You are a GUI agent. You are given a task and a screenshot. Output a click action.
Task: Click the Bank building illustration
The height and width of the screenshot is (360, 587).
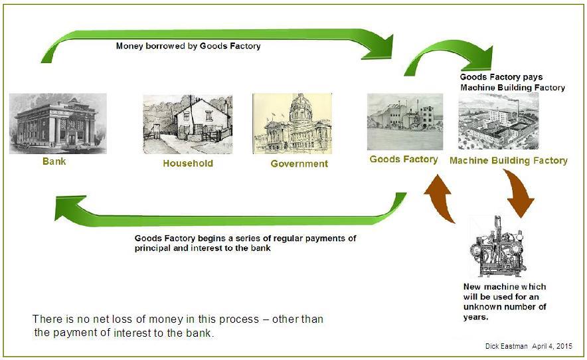point(58,124)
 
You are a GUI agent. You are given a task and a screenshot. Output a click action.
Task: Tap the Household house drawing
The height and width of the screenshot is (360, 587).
point(187,124)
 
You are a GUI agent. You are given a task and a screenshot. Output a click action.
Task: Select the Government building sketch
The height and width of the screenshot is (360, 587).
point(292,124)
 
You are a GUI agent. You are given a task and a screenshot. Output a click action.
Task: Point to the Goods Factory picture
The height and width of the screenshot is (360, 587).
point(405,122)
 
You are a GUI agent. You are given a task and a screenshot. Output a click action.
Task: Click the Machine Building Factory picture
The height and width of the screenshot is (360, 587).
point(498,122)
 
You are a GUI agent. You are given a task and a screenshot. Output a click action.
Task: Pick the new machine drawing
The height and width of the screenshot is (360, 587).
point(498,246)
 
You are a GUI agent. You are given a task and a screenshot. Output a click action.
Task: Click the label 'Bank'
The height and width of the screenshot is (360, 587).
point(54,161)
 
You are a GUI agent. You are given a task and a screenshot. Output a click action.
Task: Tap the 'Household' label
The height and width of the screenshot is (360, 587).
point(188,163)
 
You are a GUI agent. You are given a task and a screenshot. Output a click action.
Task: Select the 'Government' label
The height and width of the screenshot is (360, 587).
point(299,163)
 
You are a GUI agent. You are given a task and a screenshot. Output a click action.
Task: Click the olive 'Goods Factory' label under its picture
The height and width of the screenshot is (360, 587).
point(404,159)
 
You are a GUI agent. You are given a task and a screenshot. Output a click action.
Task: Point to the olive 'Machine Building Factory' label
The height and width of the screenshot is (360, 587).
point(509,161)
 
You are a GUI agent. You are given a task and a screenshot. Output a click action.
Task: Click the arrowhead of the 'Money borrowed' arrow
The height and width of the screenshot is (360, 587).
point(380,48)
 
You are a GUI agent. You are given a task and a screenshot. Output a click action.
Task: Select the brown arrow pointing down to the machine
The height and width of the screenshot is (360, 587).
point(519,193)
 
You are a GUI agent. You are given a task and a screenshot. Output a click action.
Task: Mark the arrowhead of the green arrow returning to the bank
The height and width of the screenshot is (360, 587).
point(71,208)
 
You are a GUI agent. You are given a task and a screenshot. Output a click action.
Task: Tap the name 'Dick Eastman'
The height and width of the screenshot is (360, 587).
point(507,346)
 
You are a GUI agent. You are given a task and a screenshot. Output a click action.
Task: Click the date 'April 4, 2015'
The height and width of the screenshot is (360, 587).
point(552,346)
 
